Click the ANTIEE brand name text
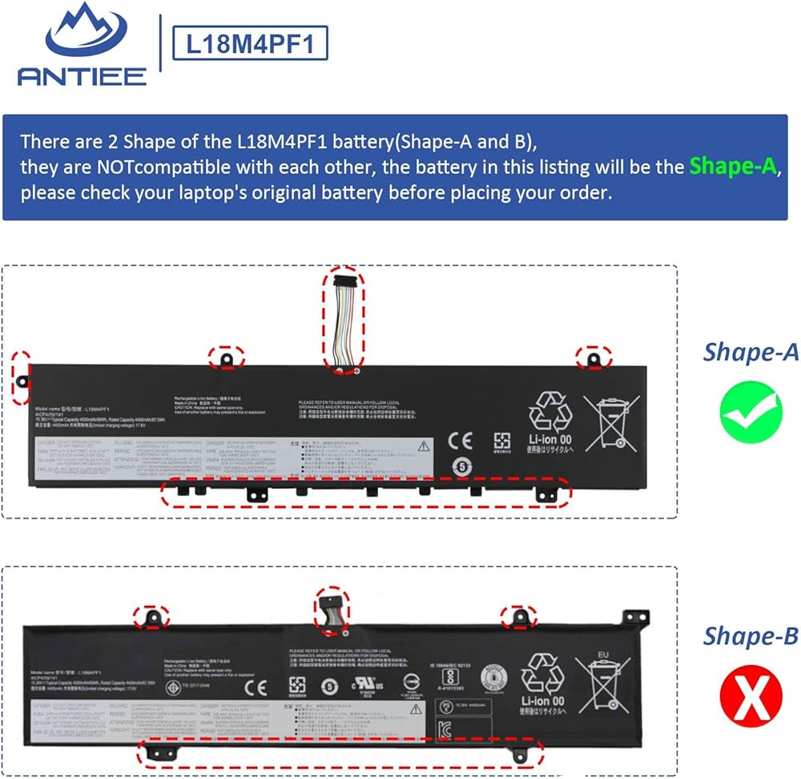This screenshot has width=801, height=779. (82, 77)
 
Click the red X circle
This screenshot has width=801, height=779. (751, 699)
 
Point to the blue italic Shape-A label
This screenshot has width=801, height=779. (751, 352)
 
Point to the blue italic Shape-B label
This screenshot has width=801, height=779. (751, 636)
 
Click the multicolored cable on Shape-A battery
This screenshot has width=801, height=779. (344, 316)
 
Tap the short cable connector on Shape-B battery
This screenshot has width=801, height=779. (332, 603)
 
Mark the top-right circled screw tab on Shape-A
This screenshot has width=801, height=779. (594, 357)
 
